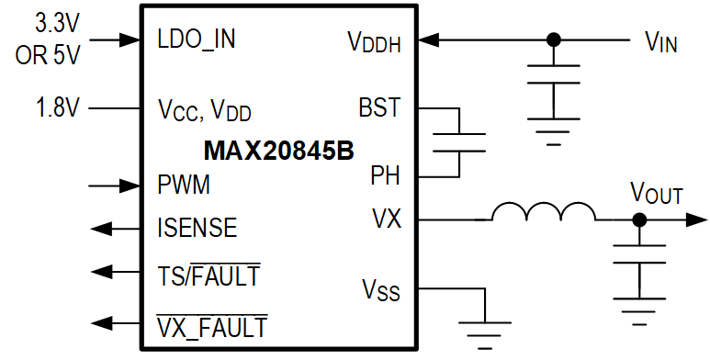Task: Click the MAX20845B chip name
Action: pos(277,150)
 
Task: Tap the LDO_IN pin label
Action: pos(197,40)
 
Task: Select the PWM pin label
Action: pos(184,185)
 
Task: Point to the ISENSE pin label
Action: pos(197,226)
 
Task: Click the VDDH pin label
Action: pos(374,41)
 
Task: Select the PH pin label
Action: pos(385,174)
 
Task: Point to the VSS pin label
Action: pos(380,293)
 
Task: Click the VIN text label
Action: pos(661,41)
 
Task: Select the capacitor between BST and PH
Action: pos(457,141)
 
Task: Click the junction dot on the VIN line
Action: pos(553,40)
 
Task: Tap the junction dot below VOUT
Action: pos(639,220)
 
